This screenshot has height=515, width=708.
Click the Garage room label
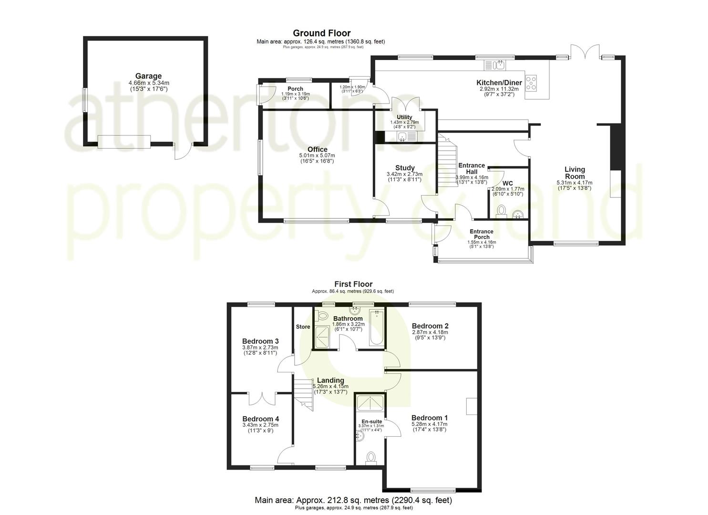(x=148, y=76)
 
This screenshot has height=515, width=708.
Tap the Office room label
(x=317, y=150)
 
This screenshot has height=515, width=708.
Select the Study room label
(x=404, y=168)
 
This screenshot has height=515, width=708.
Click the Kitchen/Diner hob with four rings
(x=531, y=83)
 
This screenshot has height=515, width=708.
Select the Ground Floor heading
(x=321, y=33)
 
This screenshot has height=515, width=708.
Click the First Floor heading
(x=353, y=284)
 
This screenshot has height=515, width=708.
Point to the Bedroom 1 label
(x=429, y=418)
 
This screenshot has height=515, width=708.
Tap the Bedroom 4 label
(x=260, y=419)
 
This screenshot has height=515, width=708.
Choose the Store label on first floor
(x=303, y=327)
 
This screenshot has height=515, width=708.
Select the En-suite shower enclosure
(x=370, y=403)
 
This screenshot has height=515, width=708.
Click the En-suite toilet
(x=370, y=458)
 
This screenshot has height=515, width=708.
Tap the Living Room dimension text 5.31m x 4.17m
(x=575, y=183)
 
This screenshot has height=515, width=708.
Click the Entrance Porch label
(x=482, y=234)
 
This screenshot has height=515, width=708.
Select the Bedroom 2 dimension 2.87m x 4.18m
(x=430, y=332)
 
